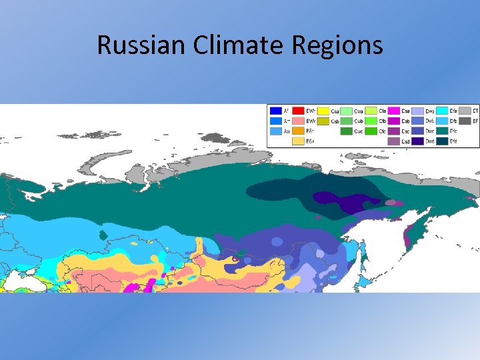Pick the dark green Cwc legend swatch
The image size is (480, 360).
pyautogui.click(x=347, y=131)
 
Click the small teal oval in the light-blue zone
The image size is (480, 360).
pyautogui.click(x=103, y=235)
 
